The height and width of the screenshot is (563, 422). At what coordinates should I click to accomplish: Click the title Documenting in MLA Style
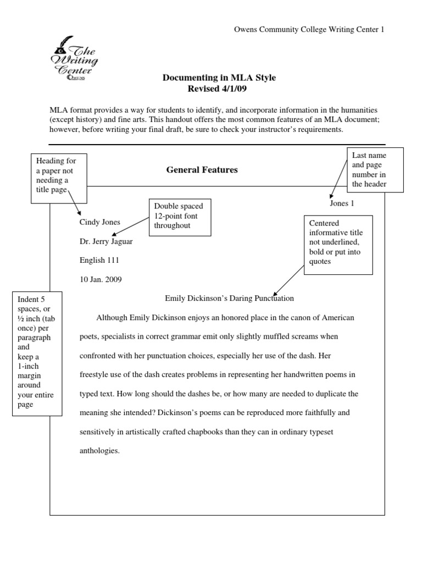point(219,78)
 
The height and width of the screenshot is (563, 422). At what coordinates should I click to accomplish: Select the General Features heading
point(202,170)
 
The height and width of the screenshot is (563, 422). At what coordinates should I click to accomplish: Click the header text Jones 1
point(342,203)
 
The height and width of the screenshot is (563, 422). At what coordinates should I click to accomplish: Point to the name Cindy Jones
point(100,223)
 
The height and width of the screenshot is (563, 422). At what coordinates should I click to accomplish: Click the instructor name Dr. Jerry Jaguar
point(106,241)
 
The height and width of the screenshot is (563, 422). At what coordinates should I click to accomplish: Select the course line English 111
point(99,261)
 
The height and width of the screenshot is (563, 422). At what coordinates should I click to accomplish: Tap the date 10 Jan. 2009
point(101,279)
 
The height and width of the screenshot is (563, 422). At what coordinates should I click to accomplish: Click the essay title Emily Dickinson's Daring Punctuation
point(230,299)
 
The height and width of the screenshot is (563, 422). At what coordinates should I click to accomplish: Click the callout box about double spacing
point(180,217)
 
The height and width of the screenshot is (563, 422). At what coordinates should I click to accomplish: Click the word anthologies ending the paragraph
point(99,451)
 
